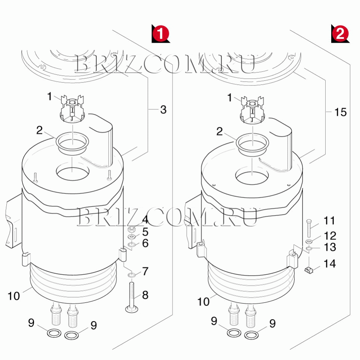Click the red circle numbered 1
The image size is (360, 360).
click(x=161, y=34)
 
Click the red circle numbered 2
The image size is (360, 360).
click(x=340, y=34)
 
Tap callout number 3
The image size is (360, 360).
click(x=163, y=109)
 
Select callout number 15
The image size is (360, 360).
click(x=341, y=112)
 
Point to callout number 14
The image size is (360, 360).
click(x=330, y=264)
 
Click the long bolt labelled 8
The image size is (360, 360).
click(x=131, y=297)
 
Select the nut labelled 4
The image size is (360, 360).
click(x=132, y=229)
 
